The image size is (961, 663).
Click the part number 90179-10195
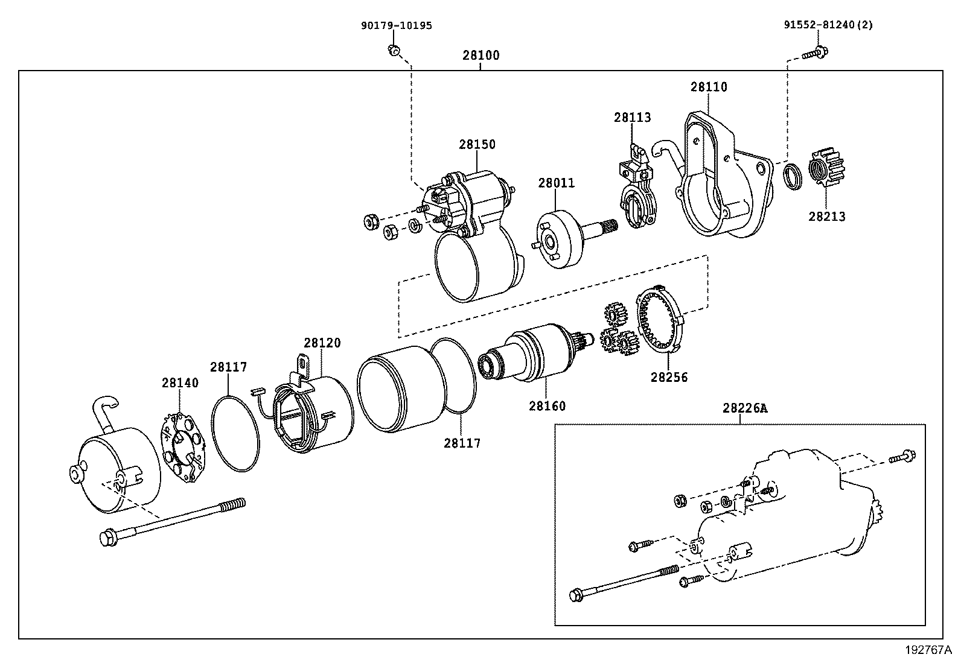pyautogui.click(x=397, y=25)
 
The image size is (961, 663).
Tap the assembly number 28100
pyautogui.click(x=481, y=56)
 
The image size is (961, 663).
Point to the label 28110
pyautogui.click(x=709, y=87)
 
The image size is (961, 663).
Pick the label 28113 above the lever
pyautogui.click(x=633, y=117)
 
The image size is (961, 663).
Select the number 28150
pyautogui.click(x=477, y=144)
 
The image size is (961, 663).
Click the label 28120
pyautogui.click(x=322, y=343)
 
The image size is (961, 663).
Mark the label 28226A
pyautogui.click(x=744, y=408)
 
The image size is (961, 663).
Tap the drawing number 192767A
pyautogui.click(x=928, y=650)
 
